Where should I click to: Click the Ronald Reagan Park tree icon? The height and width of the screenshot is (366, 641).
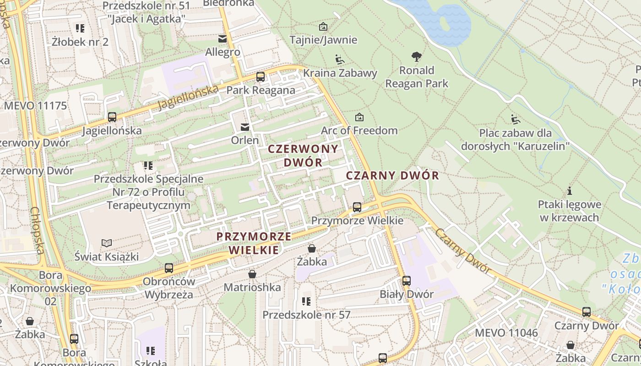coord(416,57)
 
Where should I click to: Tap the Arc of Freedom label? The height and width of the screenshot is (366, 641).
coord(359,130)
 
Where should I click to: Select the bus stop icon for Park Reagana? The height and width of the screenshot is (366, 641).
coord(261,76)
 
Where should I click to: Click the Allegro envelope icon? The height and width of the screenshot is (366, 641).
coord(223,39)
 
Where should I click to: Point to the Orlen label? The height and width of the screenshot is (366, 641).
coord(245,140)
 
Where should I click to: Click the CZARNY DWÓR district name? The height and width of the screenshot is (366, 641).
coord(392,176)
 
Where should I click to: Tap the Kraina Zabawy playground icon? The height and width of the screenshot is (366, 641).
coord(339,59)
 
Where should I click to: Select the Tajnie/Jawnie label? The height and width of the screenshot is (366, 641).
coord(323,40)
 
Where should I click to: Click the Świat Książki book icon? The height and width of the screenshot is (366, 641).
coord(107,243)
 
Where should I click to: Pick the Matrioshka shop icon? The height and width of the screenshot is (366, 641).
coord(252,274)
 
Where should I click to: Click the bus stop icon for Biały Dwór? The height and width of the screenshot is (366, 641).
coord(407,281)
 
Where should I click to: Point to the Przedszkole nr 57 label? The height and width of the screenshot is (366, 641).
coord(306,315)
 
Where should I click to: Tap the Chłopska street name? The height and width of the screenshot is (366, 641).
coord(38,230)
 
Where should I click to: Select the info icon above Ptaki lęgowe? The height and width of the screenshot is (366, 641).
coord(570,190)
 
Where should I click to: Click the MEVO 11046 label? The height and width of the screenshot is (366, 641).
coord(506,333)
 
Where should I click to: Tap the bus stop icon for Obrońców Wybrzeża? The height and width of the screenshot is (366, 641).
coord(169,268)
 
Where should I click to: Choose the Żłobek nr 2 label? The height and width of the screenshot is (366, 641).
coord(80,42)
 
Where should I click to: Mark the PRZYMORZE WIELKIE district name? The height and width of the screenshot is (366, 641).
coord(254,243)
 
